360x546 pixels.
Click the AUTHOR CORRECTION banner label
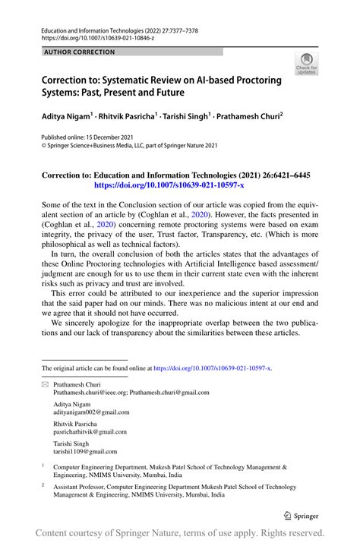[81, 52]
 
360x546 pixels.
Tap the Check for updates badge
[306, 64]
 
